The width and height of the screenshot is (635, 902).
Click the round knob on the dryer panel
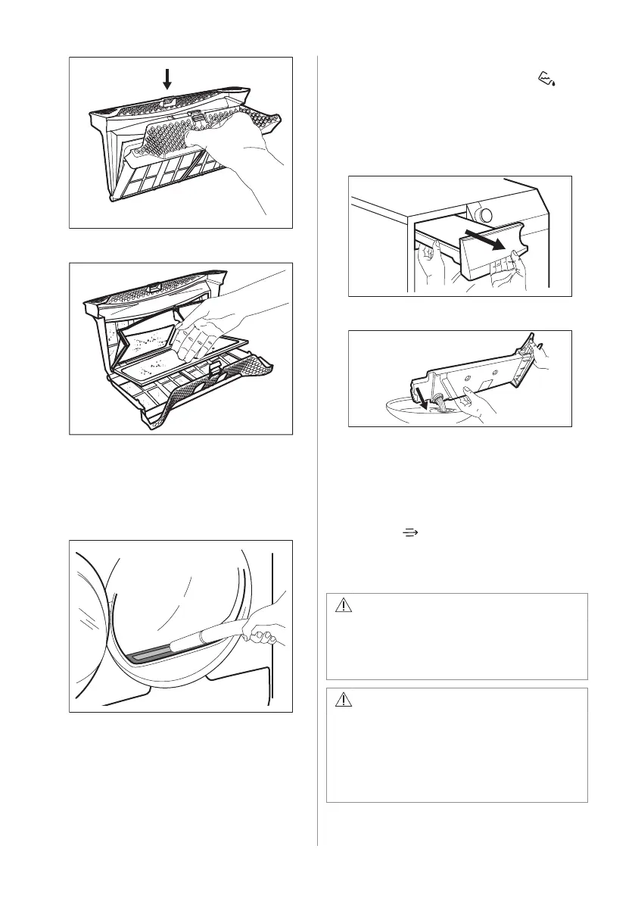point(477,211)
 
